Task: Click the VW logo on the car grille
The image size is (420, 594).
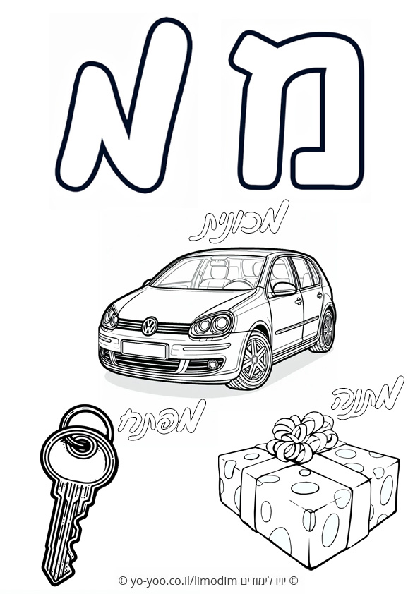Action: pyautogui.click(x=150, y=326)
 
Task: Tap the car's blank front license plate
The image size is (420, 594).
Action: pyautogui.click(x=144, y=349)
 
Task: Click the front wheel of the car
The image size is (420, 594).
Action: pyautogui.click(x=253, y=360)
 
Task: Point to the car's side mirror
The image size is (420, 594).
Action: pyautogui.click(x=284, y=289)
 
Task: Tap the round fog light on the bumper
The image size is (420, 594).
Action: pyautogui.click(x=213, y=365)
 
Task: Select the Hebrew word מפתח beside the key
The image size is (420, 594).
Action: pyautogui.click(x=162, y=420)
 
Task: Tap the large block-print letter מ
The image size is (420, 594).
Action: pyautogui.click(x=299, y=110)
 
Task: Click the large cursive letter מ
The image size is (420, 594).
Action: pyautogui.click(x=124, y=105)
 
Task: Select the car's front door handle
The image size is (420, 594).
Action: pyautogui.click(x=299, y=302)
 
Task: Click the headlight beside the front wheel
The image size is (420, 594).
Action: pyautogui.click(x=212, y=325)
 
